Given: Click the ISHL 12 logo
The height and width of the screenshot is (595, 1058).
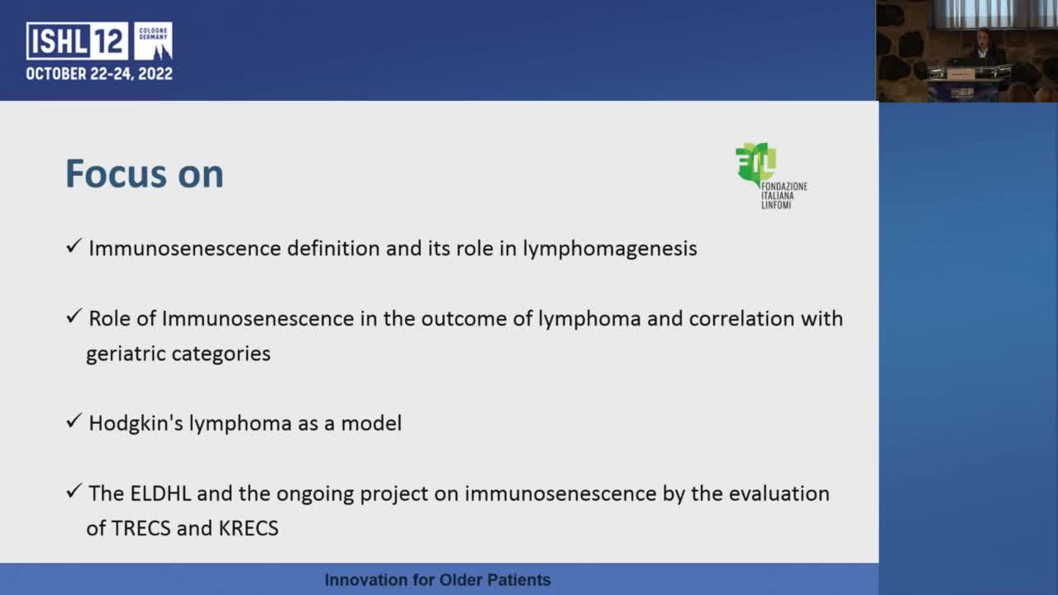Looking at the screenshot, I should point(98,41).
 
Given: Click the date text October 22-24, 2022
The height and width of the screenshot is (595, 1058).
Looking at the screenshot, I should point(99,74).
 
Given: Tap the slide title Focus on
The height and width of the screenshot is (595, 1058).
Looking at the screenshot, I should point(145,174).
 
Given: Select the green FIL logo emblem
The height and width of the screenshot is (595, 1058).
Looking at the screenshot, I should point(754,163).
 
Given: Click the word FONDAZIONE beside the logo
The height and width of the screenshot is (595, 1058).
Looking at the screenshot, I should point(784,187).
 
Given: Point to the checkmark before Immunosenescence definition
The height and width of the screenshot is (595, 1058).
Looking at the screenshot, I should point(74,247).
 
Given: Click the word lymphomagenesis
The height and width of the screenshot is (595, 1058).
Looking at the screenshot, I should point(609,248).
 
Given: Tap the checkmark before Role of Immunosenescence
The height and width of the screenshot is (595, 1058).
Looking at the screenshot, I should point(74,317).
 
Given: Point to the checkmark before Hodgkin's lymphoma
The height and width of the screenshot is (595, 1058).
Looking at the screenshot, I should point(74,422).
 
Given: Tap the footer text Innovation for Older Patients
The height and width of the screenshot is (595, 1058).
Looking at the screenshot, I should point(437,580).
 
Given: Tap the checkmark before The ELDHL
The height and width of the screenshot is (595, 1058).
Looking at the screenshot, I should point(74,493).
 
